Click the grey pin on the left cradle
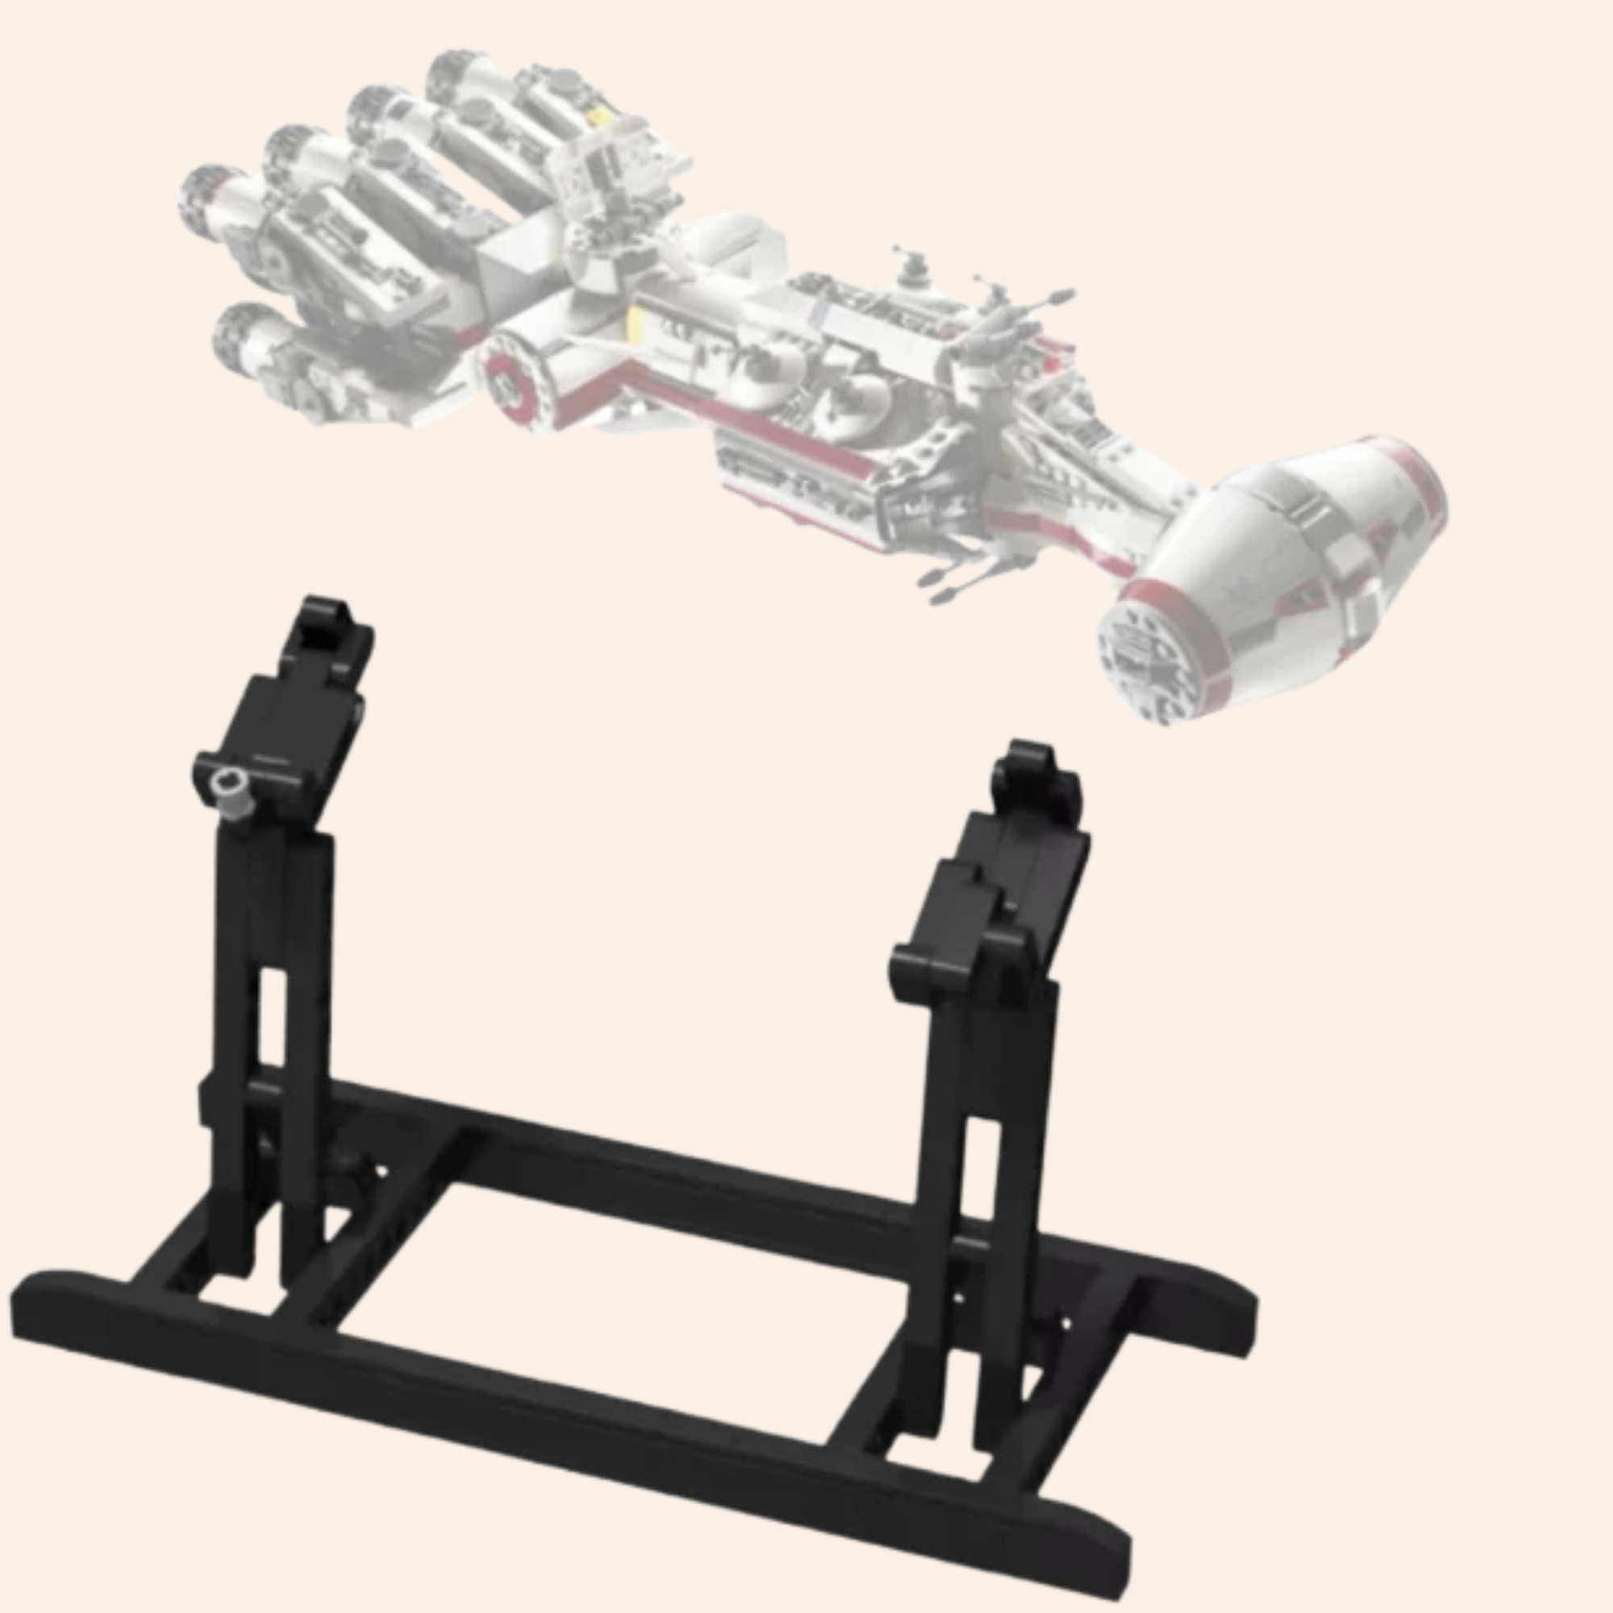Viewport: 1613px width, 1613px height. (x=229, y=789)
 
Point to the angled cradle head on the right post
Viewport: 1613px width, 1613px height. (x=994, y=902)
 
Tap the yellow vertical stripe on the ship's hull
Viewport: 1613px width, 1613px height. (x=635, y=321)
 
